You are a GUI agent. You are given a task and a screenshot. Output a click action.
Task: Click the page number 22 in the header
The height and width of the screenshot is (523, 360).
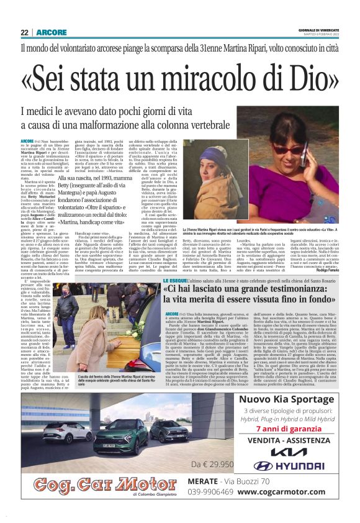(24, 32)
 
